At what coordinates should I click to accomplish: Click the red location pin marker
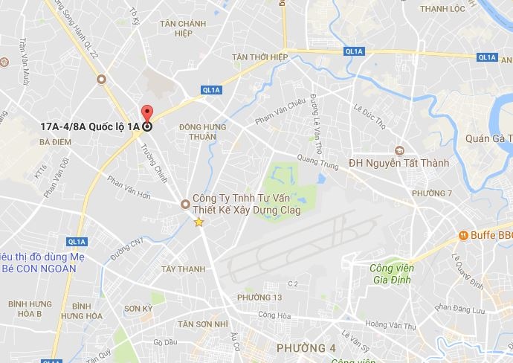[x=146, y=114]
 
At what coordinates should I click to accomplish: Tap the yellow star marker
[x=199, y=222]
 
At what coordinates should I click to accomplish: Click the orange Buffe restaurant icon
[x=462, y=235]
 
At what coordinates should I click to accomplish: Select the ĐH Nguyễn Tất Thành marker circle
[x=399, y=150]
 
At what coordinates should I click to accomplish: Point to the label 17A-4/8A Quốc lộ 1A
[x=91, y=126]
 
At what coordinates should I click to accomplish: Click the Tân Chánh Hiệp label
[x=182, y=28]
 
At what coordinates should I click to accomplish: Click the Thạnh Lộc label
[x=442, y=9]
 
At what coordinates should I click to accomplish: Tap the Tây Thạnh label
[x=183, y=269]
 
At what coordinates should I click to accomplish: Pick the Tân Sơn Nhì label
[x=202, y=324]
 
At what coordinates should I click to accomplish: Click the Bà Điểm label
[x=54, y=141]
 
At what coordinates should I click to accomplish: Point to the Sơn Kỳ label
[x=138, y=308]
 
